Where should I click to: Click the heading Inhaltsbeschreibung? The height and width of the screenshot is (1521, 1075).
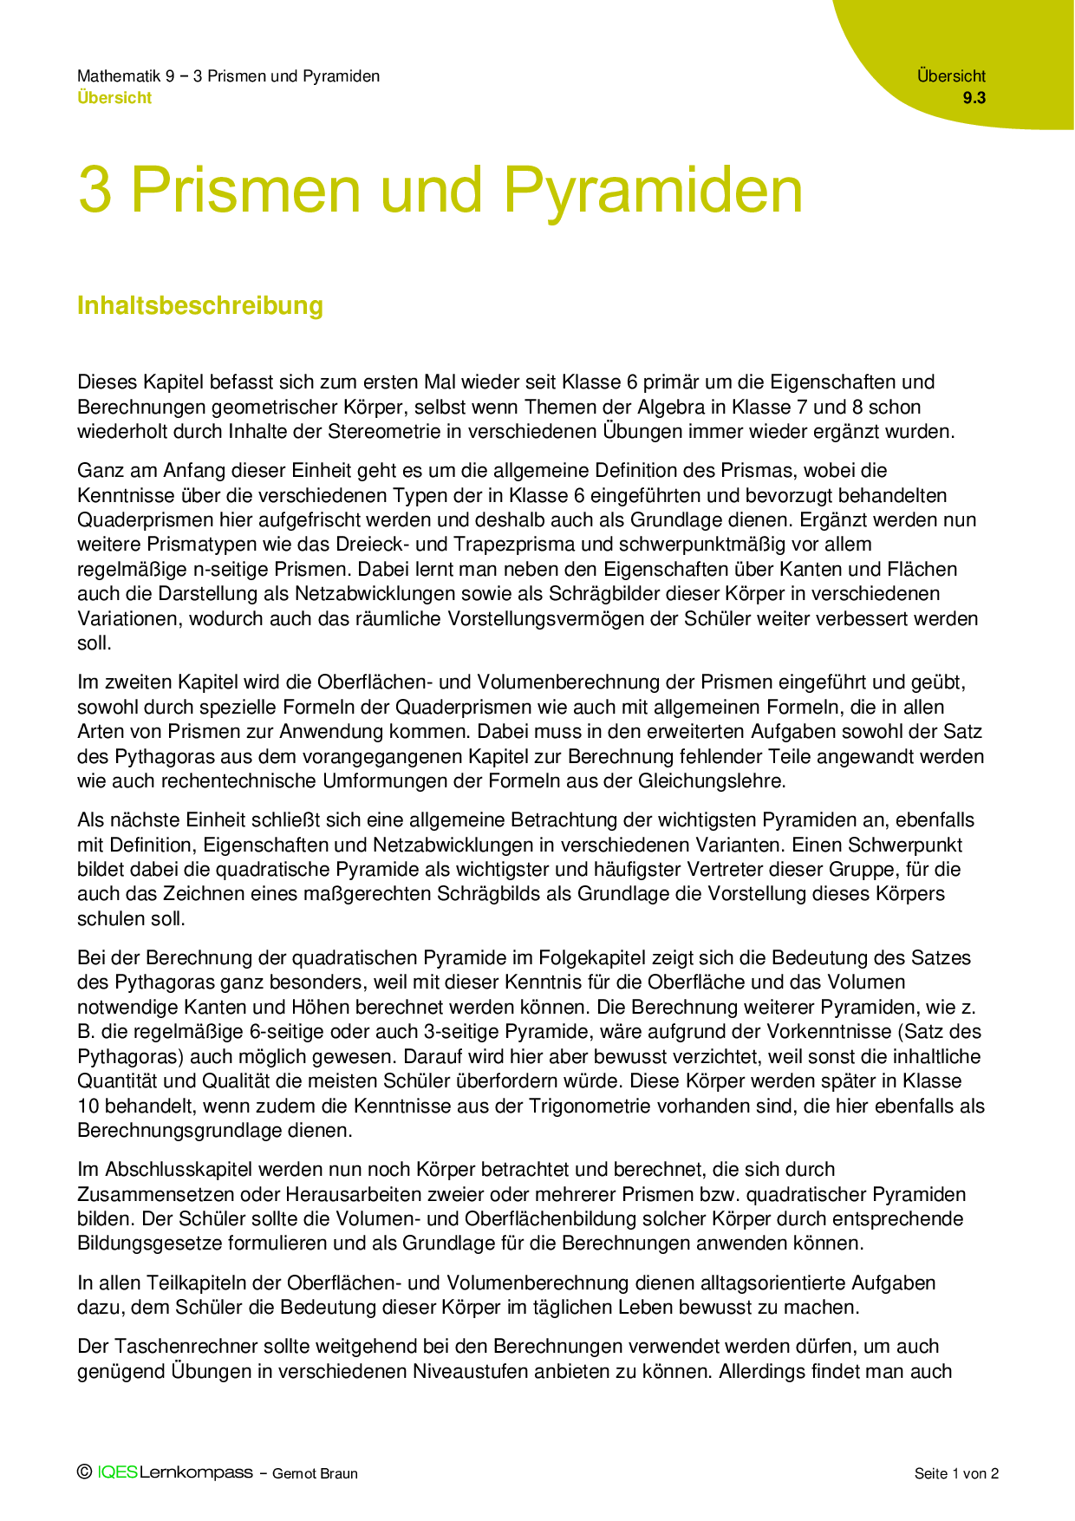point(200,305)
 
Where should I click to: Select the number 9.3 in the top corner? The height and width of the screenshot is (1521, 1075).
point(974,98)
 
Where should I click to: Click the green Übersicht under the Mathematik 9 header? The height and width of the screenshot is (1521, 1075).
point(114,98)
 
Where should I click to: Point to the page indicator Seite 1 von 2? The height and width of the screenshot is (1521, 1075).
point(956,1473)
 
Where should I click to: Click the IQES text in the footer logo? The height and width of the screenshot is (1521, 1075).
point(118,1472)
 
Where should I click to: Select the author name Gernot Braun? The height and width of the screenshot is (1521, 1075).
point(315,1473)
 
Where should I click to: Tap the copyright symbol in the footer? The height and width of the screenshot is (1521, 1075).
point(84,1472)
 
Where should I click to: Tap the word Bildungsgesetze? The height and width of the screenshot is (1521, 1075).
point(150,1244)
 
